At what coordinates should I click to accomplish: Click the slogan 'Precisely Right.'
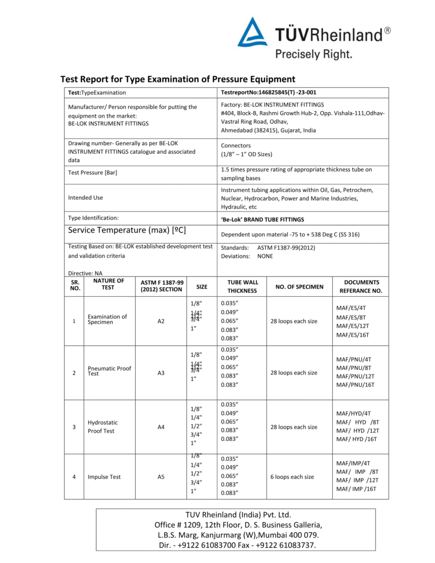[x=313, y=54]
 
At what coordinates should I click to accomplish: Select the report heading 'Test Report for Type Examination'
[x=177, y=79]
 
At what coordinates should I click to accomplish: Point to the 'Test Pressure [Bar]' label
[x=92, y=173]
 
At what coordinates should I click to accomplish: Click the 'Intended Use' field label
[x=85, y=197]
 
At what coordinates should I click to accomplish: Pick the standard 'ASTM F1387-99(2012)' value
[x=286, y=247]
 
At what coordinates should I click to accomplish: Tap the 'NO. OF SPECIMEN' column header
[x=299, y=286]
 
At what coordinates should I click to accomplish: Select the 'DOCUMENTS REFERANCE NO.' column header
[x=360, y=286]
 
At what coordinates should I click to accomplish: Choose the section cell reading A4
[x=161, y=427]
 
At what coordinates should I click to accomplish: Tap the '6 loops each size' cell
[x=291, y=477]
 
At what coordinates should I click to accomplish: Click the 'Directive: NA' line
[x=85, y=273]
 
